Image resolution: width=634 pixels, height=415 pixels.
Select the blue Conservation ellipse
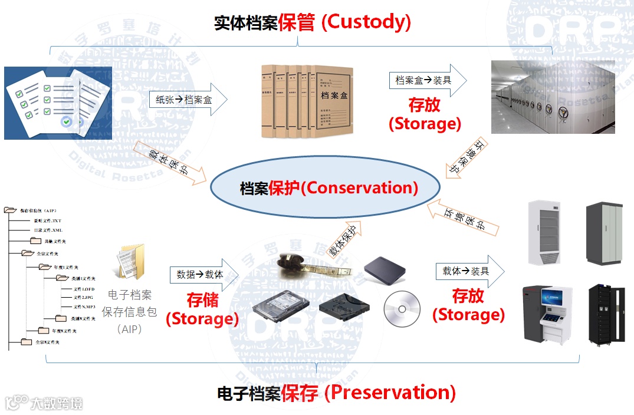click(x=325, y=188)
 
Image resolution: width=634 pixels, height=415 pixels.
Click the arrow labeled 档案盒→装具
click(x=426, y=80)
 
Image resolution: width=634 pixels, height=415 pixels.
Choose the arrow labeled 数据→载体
click(x=203, y=275)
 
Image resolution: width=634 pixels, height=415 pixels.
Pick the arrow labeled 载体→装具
click(x=469, y=271)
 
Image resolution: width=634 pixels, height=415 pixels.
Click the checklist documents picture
click(x=58, y=103)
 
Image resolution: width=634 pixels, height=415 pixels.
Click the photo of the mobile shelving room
click(x=553, y=97)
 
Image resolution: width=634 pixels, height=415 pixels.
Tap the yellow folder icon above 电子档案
click(x=129, y=261)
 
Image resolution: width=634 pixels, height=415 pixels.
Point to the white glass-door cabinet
click(x=545, y=233)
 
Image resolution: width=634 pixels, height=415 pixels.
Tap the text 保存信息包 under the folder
click(x=129, y=312)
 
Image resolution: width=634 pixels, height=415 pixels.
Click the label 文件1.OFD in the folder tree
click(x=84, y=289)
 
